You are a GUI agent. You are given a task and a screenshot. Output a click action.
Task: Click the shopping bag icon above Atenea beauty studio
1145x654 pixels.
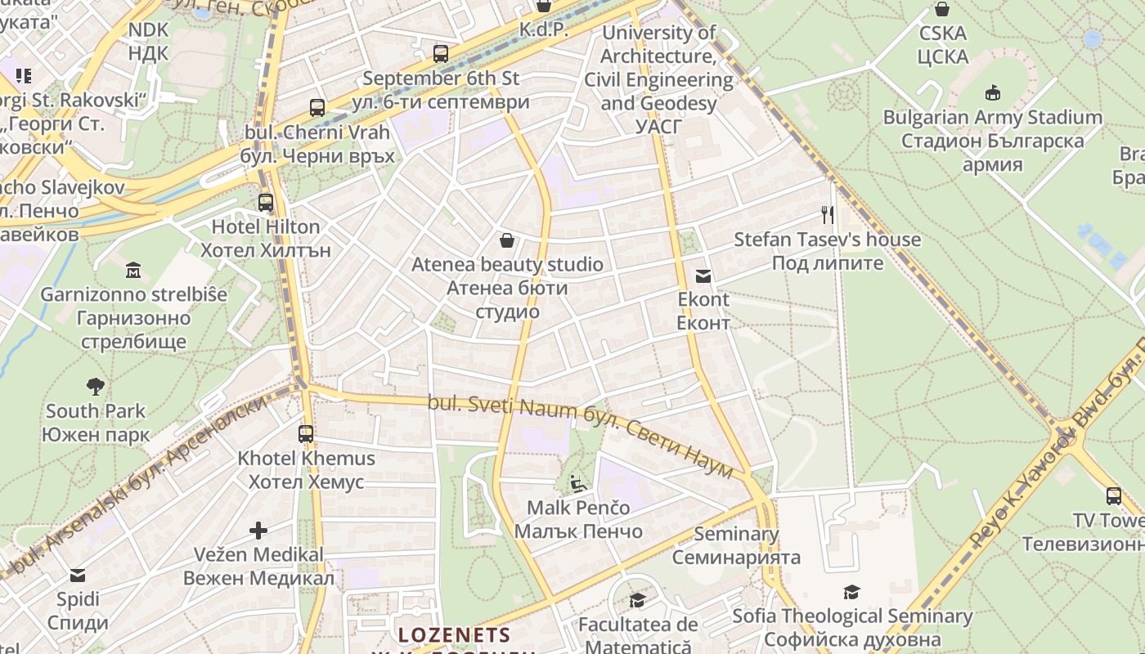(507, 240)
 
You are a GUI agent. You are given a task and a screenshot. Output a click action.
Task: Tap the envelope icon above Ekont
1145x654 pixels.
(703, 276)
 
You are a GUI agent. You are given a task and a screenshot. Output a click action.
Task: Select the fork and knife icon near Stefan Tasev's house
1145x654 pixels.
(828, 215)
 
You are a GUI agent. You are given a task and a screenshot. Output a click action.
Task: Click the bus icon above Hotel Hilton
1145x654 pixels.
(266, 202)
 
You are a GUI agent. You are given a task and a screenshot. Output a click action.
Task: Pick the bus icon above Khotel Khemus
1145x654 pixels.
(306, 434)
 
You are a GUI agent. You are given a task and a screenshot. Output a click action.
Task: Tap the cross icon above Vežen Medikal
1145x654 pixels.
(258, 531)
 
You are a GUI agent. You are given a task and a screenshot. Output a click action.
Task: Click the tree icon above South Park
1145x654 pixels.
(96, 386)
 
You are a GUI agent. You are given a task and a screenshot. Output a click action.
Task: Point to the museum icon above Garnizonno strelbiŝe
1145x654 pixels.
(133, 270)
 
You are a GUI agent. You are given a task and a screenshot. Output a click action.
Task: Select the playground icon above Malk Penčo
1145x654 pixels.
(578, 483)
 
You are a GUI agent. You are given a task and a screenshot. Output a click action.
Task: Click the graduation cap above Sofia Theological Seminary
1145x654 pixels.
(852, 592)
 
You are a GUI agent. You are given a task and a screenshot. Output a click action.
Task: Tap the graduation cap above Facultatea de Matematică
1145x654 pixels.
(637, 601)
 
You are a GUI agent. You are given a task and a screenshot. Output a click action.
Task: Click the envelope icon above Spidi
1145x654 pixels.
(78, 575)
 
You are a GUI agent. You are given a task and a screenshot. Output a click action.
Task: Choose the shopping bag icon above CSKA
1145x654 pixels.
(942, 10)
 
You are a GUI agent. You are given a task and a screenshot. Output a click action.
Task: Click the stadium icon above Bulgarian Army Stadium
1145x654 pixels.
(993, 92)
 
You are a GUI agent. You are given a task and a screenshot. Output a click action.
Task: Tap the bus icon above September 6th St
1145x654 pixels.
(441, 54)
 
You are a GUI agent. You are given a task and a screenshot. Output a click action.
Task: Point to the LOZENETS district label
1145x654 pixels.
(454, 635)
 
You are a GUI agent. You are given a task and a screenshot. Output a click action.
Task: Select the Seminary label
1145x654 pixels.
(736, 534)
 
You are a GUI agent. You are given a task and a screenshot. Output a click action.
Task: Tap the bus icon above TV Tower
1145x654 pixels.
(1114, 495)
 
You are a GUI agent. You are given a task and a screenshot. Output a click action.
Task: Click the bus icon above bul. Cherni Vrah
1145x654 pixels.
(317, 107)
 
